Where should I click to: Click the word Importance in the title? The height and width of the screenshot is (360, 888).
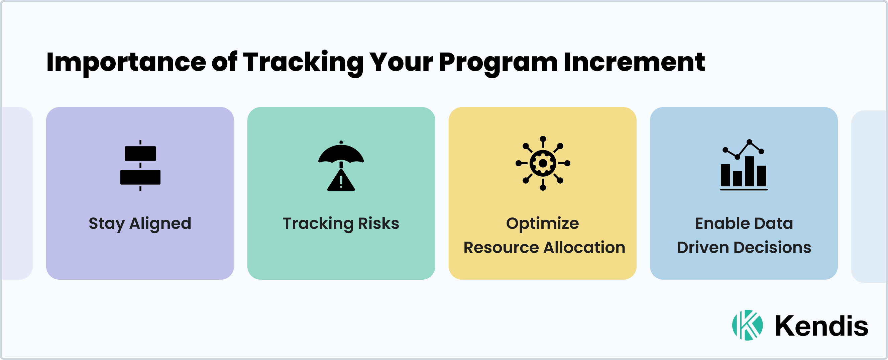pos(126,63)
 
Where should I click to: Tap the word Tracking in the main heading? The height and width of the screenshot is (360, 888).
pos(303,63)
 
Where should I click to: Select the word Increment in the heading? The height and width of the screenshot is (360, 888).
pos(634,62)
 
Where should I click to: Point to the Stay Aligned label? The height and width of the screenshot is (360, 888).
pos(140,224)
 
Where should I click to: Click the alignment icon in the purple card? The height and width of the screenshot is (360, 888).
pos(140,165)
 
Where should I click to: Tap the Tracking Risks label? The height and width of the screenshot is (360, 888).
pos(341,223)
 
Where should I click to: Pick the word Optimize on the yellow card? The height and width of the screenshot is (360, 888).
pos(542,223)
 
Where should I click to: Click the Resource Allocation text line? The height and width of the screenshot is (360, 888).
pos(544,248)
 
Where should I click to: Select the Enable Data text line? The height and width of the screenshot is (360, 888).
pos(744,223)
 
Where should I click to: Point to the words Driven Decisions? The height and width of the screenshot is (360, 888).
pos(744,248)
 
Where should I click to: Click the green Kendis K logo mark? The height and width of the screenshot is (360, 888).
pos(747,325)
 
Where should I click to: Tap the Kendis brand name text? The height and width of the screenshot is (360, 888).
pos(821,326)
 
